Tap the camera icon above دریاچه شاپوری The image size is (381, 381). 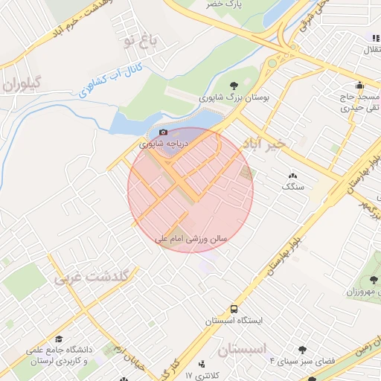click(x=164, y=132)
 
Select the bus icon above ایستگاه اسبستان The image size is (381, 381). click(x=235, y=308)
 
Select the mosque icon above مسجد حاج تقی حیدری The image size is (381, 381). click(x=360, y=85)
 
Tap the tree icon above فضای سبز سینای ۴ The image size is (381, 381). click(x=302, y=350)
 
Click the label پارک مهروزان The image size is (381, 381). click(x=362, y=291)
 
